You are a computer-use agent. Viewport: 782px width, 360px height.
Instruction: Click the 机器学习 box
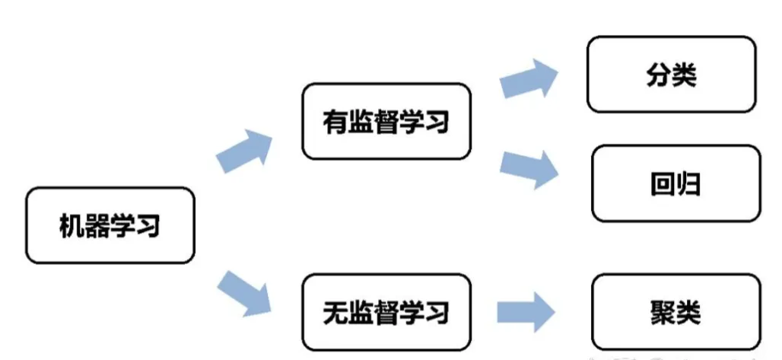click(x=110, y=226)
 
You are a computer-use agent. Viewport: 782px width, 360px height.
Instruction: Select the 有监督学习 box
click(x=386, y=122)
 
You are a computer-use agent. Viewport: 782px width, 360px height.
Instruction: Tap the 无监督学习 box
click(x=386, y=312)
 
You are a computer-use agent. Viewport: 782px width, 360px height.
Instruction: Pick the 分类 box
click(x=671, y=75)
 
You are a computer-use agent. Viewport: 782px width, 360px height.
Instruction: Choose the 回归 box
click(x=676, y=184)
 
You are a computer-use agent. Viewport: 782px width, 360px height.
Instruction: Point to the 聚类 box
click(x=676, y=312)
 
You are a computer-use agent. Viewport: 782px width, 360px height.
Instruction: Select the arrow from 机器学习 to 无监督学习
click(x=244, y=291)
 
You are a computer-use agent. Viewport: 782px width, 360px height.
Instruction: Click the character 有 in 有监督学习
click(x=335, y=122)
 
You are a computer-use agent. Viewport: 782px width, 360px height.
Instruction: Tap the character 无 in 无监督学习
click(x=335, y=312)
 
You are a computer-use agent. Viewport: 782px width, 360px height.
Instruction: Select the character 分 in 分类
click(x=658, y=75)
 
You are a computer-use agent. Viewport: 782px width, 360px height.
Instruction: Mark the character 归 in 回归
click(x=688, y=184)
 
